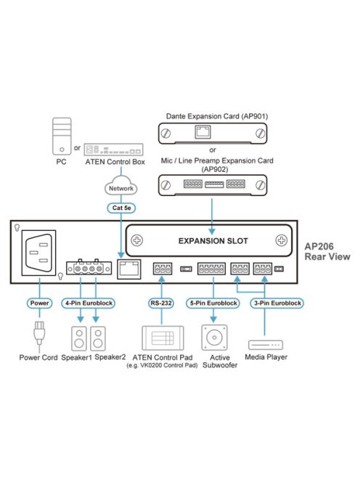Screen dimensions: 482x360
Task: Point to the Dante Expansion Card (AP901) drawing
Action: (213, 133)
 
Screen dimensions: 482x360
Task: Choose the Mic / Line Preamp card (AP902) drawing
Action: (213, 184)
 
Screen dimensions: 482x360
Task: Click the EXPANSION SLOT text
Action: (213, 240)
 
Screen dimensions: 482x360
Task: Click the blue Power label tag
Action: (39, 302)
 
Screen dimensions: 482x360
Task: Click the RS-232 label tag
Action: (160, 302)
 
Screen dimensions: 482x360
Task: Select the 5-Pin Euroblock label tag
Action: (212, 302)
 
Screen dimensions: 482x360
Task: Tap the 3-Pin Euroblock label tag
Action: (277, 302)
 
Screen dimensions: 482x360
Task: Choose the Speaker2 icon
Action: (102, 338)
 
